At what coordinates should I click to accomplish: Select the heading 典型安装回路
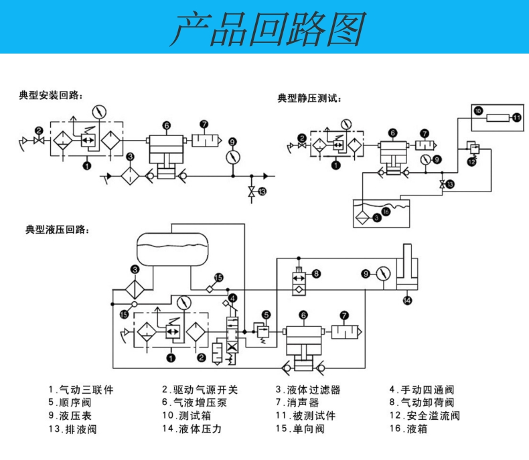[x=51, y=96]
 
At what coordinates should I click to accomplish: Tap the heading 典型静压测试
[x=309, y=98]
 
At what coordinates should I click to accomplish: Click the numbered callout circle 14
[x=408, y=301]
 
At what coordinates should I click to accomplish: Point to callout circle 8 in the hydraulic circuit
[x=316, y=273]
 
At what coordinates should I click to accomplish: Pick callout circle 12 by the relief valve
[x=471, y=162]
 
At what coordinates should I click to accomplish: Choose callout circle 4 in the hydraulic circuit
[x=232, y=297]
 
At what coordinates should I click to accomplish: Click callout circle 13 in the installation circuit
[x=262, y=191]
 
